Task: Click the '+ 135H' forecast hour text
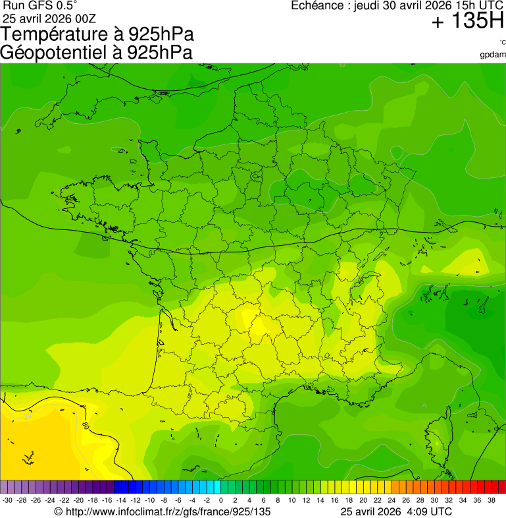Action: point(467,22)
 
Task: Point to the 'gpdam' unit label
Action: point(493,54)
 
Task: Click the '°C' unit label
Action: point(502,43)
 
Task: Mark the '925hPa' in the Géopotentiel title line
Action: point(161,53)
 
